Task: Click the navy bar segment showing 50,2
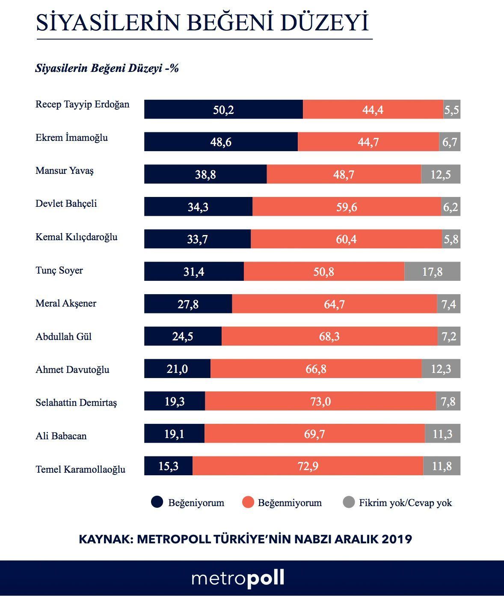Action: pyautogui.click(x=223, y=110)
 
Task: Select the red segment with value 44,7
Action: pyautogui.click(x=368, y=142)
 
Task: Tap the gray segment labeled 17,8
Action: pyautogui.click(x=432, y=271)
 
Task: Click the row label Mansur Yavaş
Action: pyautogui.click(x=64, y=170)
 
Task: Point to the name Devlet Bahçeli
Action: pyautogui.click(x=66, y=203)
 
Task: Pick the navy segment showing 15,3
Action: pyautogui.click(x=168, y=466)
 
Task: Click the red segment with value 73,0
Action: pyautogui.click(x=320, y=401)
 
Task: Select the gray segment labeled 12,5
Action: pyautogui.click(x=441, y=174)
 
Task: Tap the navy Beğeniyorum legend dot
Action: pyautogui.click(x=157, y=502)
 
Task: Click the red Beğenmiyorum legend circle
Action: pyautogui.click(x=248, y=502)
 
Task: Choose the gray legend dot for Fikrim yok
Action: pyautogui.click(x=349, y=502)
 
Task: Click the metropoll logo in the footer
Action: pyautogui.click(x=238, y=578)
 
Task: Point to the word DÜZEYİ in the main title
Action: pyautogui.click(x=324, y=23)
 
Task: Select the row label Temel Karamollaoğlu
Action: pyautogui.click(x=80, y=469)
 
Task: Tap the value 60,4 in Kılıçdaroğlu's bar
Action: pyautogui.click(x=346, y=239)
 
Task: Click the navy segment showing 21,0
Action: pyautogui.click(x=177, y=369)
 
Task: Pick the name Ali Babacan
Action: pyautogui.click(x=61, y=436)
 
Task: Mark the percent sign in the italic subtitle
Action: pyautogui.click(x=174, y=68)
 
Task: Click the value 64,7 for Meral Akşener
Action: pyautogui.click(x=334, y=304)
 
